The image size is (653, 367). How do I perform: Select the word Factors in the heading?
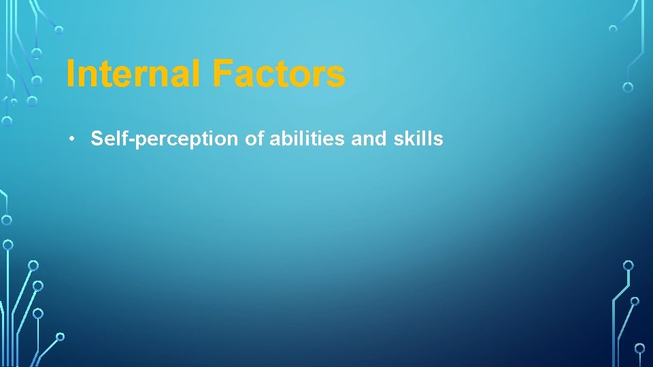(x=278, y=74)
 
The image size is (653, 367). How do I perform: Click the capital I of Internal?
(x=71, y=74)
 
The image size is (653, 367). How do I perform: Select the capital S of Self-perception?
(x=97, y=139)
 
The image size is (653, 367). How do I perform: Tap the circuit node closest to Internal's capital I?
(x=37, y=80)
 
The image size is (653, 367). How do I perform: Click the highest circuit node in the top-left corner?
(x=59, y=30)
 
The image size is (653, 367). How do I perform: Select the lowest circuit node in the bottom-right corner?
(x=639, y=348)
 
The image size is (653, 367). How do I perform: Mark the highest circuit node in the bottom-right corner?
(x=629, y=265)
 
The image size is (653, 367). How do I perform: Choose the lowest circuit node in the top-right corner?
(x=628, y=87)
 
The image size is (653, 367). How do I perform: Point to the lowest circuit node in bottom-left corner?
(x=60, y=336)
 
